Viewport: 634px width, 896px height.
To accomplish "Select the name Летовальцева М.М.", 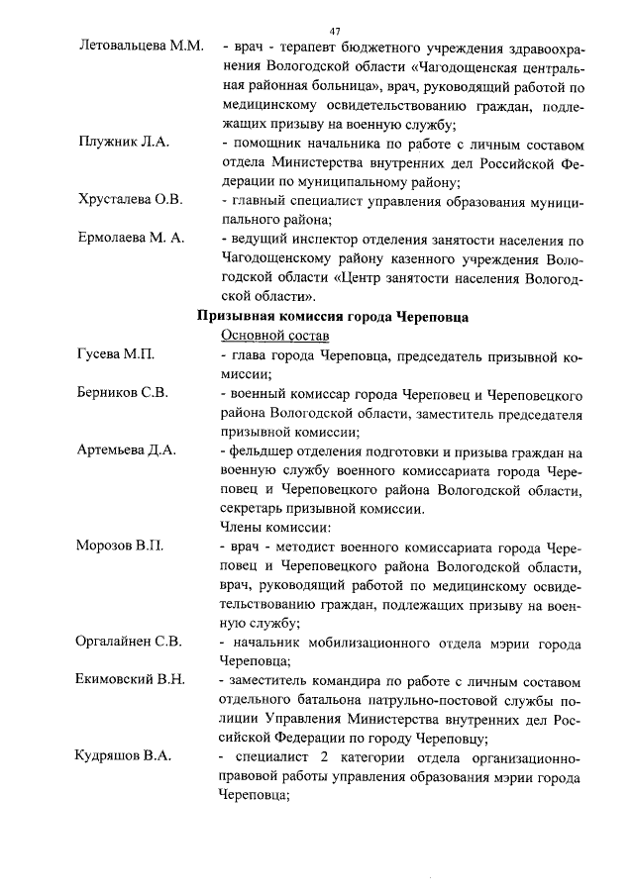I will coord(141,47).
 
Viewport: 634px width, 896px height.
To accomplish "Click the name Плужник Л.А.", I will coord(124,142).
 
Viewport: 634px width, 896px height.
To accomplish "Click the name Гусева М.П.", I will coord(116,354).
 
